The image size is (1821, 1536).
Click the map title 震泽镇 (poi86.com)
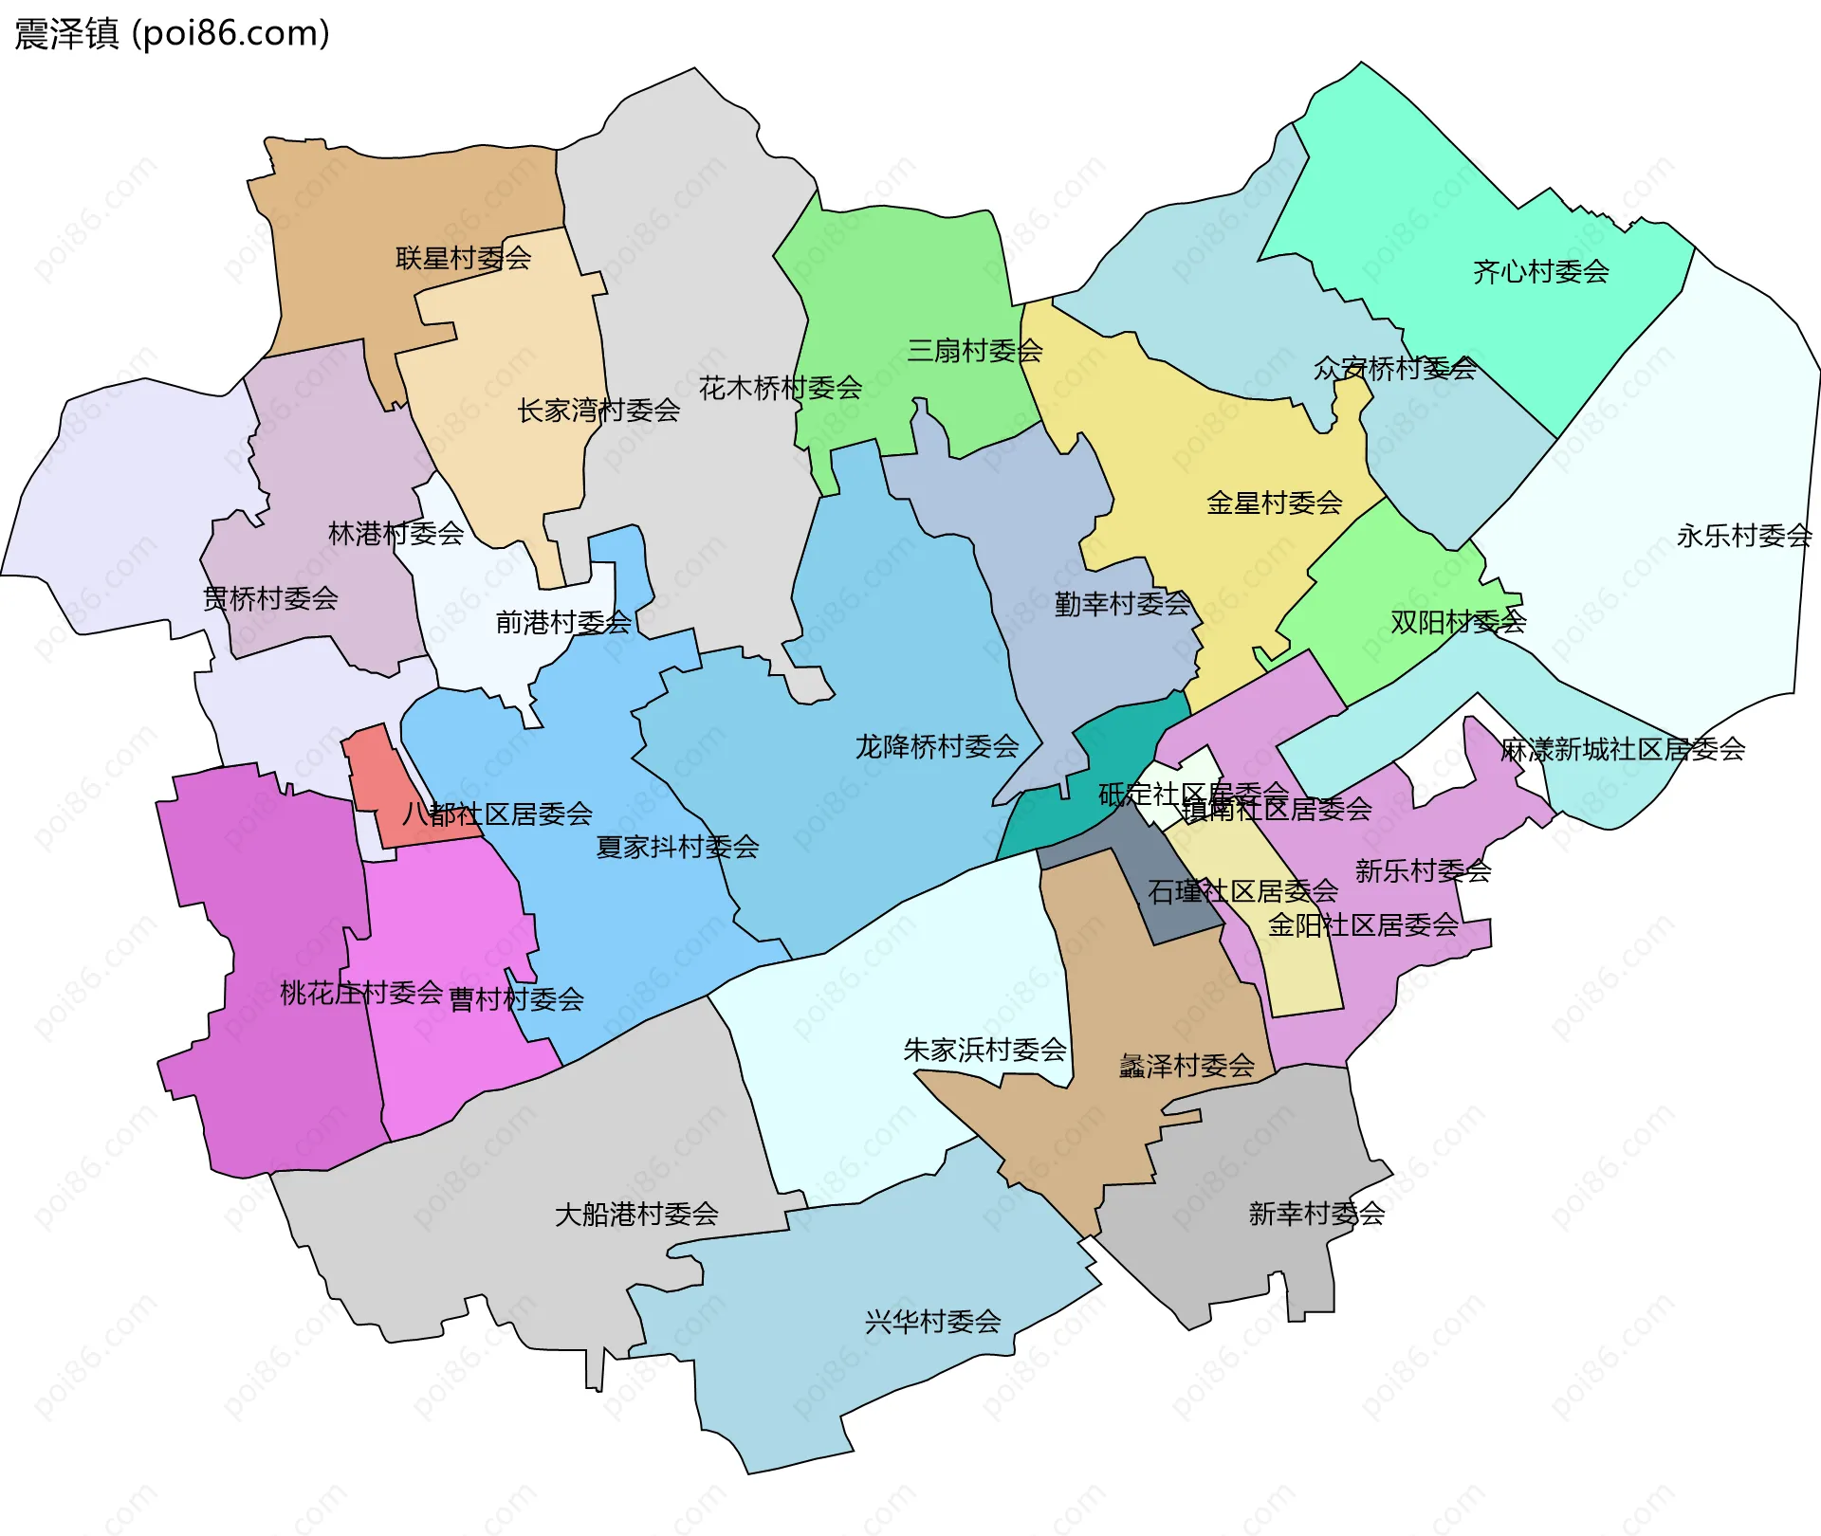click(x=172, y=33)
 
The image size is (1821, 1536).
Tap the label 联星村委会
click(x=463, y=258)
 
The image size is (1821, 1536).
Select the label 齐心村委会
click(x=1540, y=272)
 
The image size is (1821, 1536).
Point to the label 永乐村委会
click(x=1743, y=536)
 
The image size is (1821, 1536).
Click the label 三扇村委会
click(x=974, y=351)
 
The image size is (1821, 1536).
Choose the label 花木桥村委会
click(x=780, y=388)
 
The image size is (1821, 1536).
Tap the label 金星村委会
click(x=1274, y=503)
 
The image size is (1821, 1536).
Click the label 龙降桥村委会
click(x=936, y=746)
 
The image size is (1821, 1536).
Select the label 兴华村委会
click(x=932, y=1321)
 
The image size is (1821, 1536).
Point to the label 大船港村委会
click(x=635, y=1214)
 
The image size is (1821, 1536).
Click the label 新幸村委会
click(x=1316, y=1214)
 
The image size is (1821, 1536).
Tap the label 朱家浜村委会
click(x=984, y=1050)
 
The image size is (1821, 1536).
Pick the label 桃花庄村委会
click(x=360, y=993)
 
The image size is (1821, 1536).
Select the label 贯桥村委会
click(x=270, y=598)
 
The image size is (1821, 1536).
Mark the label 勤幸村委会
click(x=1122, y=604)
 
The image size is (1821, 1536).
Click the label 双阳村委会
click(x=1458, y=622)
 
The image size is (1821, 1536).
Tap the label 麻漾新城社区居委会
click(x=1622, y=749)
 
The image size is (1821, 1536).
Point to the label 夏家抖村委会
click(x=677, y=847)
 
